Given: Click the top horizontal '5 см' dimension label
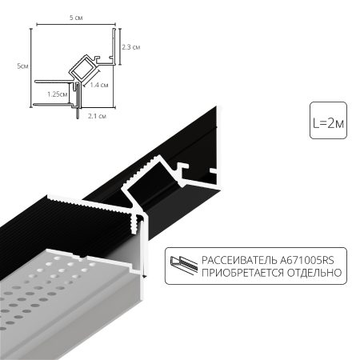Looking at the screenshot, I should pyautogui.click(x=77, y=18).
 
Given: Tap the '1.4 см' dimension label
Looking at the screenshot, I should pyautogui.click(x=99, y=84).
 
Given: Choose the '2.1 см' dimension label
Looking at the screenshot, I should pyautogui.click(x=97, y=116).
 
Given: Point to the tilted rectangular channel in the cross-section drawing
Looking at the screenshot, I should pyautogui.click(x=84, y=68).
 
